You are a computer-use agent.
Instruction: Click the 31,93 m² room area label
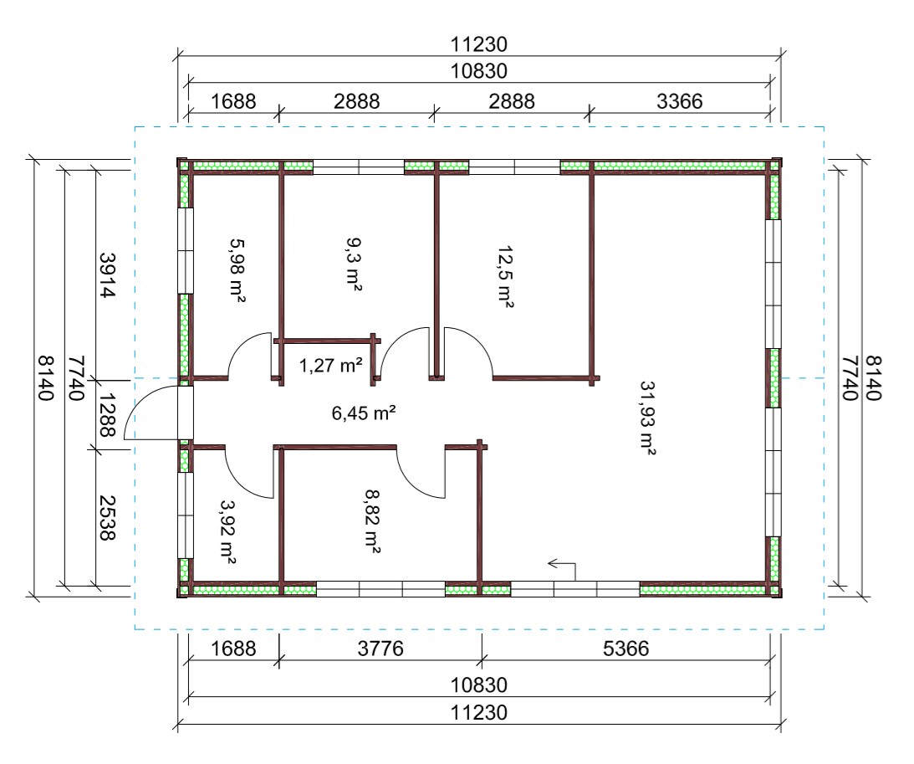pyautogui.click(x=648, y=417)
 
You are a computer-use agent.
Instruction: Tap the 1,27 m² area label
pyautogui.click(x=330, y=366)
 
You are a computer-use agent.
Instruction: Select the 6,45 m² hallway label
pyautogui.click(x=364, y=413)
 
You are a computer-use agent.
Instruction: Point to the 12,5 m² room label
pyautogui.click(x=505, y=276)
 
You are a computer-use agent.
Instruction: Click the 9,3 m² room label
pyautogui.click(x=354, y=264)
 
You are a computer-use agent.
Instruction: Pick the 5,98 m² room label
pyautogui.click(x=237, y=269)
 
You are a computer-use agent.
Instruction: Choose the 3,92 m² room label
pyautogui.click(x=227, y=532)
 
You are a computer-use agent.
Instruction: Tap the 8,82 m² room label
pyautogui.click(x=373, y=520)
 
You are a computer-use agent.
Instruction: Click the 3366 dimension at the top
pyautogui.click(x=679, y=101)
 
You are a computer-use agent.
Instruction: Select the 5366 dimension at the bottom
pyautogui.click(x=626, y=649)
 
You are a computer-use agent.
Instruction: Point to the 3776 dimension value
pyautogui.click(x=380, y=649)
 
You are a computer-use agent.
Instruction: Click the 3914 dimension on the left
pyautogui.click(x=108, y=274)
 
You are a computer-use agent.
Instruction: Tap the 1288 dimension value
pyautogui.click(x=108, y=414)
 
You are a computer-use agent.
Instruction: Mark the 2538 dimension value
pyautogui.click(x=108, y=518)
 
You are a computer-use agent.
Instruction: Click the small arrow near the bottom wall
pyautogui.click(x=561, y=569)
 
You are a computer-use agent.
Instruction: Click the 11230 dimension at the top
pyautogui.click(x=479, y=44)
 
